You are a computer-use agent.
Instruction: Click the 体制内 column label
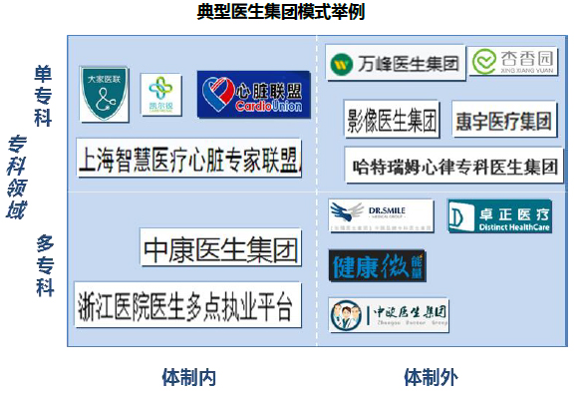pos(188,377)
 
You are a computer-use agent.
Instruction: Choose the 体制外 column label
pos(431,377)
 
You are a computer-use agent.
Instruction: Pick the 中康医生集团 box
pos(220,247)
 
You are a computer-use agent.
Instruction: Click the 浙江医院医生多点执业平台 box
pos(186,305)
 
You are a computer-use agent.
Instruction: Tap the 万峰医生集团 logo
pos(396,64)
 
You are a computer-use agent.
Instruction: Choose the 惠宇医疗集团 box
pos(503,121)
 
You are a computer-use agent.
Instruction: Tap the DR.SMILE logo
pos(382,214)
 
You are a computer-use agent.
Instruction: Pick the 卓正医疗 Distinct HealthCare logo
pos(499,215)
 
